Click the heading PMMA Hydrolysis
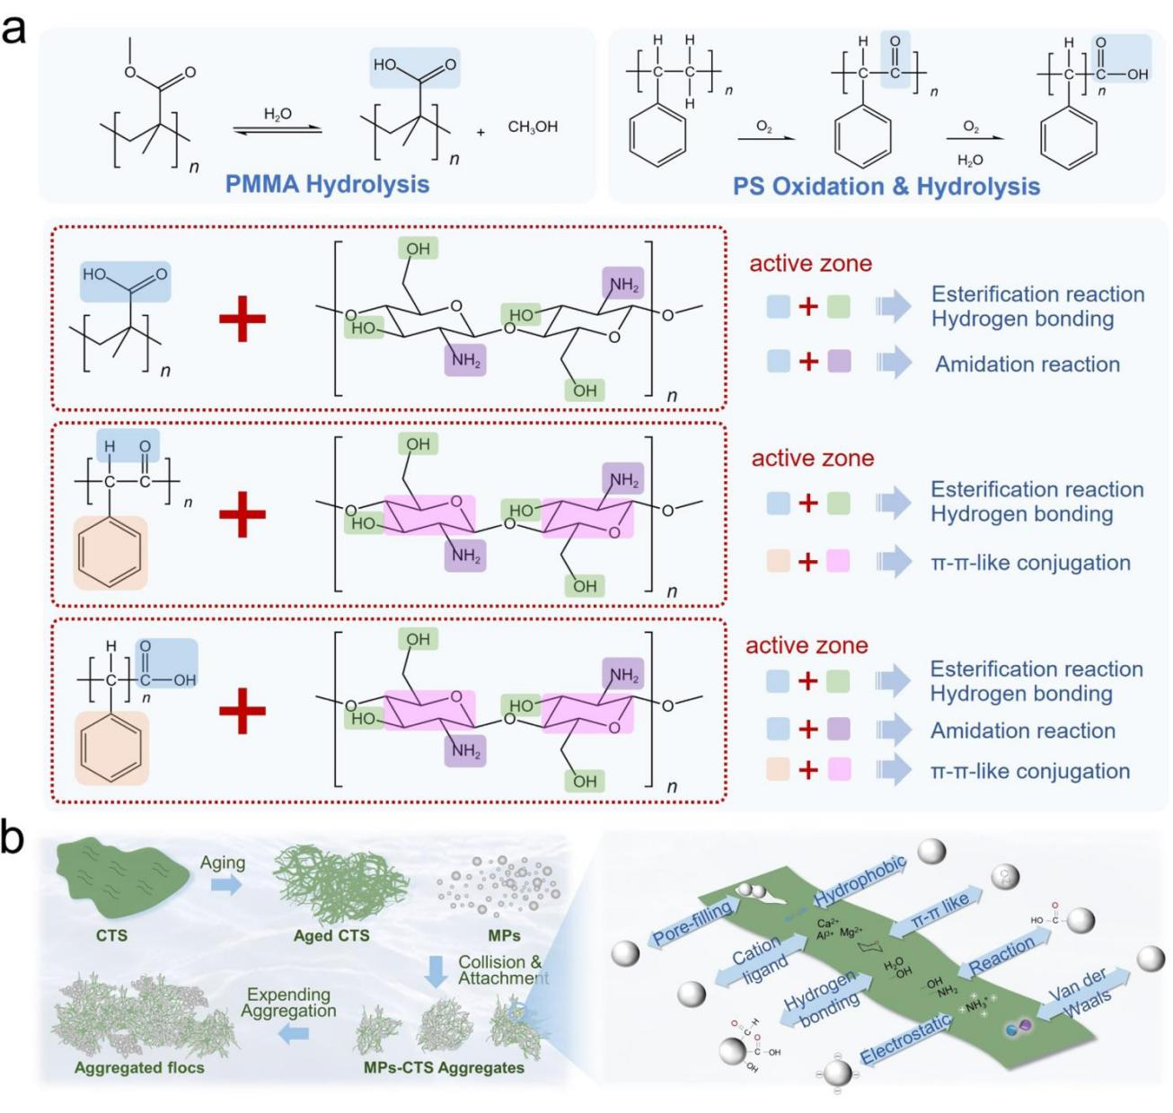327,184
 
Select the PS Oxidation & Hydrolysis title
886,187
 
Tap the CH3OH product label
533,127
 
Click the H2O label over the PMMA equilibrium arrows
278,114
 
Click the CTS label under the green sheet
111,935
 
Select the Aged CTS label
331,935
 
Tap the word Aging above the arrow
223,863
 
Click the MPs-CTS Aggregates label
444,1067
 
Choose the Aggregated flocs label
139,1067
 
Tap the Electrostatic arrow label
906,1039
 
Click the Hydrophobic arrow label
860,881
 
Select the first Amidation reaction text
1027,364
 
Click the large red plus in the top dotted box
243,319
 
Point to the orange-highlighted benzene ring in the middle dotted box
110,552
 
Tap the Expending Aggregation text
288,1002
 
